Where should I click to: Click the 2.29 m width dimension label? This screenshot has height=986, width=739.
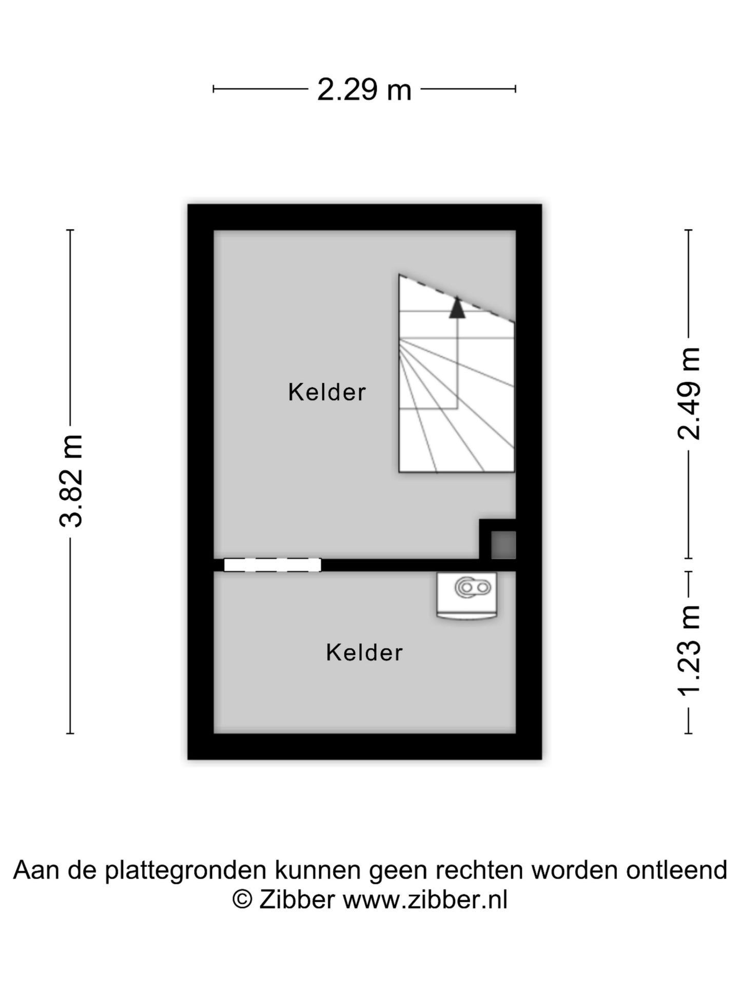(x=364, y=89)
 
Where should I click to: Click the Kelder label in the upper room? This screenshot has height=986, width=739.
(x=327, y=392)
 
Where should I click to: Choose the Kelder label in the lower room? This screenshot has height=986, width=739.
(x=364, y=653)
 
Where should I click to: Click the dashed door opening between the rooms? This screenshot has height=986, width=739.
(x=273, y=565)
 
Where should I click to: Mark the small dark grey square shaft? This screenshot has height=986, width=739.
(x=503, y=545)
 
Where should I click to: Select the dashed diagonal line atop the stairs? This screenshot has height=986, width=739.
(x=457, y=298)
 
